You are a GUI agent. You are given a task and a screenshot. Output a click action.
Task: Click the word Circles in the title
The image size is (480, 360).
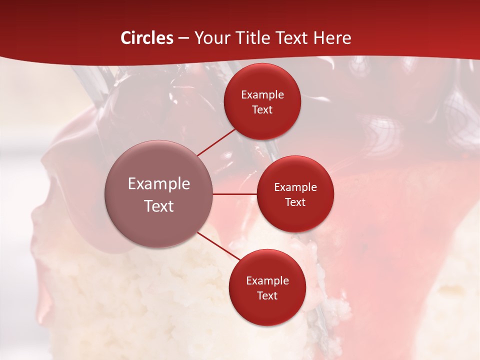[147, 38]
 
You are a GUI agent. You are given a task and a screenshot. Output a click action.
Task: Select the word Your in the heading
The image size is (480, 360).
[210, 38]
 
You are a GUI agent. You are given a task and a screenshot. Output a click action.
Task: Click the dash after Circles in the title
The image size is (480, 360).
[183, 38]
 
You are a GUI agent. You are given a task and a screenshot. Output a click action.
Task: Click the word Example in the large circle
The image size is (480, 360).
[159, 184]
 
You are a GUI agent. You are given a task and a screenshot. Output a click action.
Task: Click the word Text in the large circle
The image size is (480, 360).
[159, 206]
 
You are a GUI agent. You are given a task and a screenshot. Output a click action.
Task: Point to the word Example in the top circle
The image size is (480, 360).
[262, 95]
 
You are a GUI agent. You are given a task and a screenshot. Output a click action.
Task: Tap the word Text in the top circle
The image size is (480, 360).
[262, 109]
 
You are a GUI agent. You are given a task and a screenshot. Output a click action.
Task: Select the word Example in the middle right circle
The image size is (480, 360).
[295, 187]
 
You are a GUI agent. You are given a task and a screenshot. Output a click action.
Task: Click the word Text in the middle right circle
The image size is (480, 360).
[295, 202]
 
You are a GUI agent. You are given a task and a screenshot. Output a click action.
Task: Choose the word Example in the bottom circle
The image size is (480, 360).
[267, 281]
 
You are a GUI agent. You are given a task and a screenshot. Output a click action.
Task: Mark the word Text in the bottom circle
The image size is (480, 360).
[267, 295]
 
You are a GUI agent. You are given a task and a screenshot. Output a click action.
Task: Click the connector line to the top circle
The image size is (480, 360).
[216, 142]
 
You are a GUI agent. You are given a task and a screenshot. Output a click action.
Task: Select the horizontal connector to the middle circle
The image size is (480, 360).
[234, 194]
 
